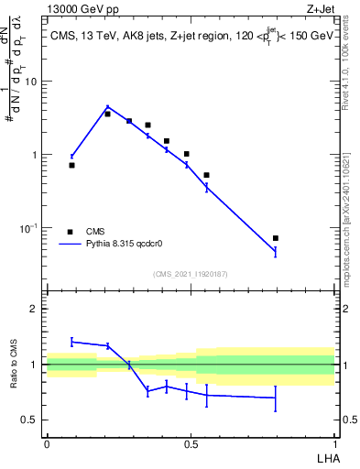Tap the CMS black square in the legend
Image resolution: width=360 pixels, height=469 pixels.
tap(70, 231)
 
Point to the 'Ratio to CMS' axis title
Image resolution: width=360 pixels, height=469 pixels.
tap(14, 365)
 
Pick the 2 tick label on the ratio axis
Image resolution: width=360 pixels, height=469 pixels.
tap(33, 309)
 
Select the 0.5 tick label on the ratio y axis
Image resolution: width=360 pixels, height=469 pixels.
tap(29, 420)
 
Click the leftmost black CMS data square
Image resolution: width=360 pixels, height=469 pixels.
tap(71, 165)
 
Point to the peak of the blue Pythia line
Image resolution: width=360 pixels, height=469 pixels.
tap(107, 107)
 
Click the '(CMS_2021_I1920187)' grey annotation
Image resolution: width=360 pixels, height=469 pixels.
tap(190, 274)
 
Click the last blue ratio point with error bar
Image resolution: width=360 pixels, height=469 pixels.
tap(276, 398)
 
